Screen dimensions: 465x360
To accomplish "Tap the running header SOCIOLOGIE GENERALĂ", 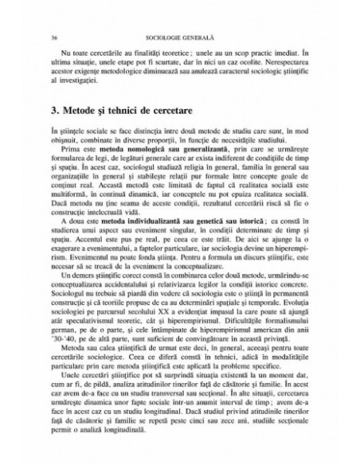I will tap(179, 37).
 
